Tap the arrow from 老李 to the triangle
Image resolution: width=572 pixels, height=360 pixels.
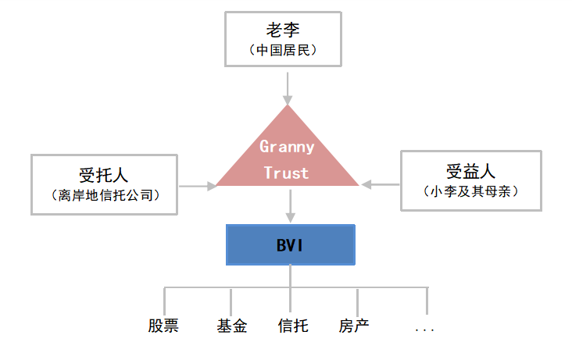point(288,88)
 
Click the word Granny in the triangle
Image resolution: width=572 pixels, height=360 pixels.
point(287,146)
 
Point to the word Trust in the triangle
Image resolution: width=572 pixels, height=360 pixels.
point(287,173)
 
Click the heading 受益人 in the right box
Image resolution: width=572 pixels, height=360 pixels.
point(470,171)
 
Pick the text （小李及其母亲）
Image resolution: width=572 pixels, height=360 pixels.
point(470,191)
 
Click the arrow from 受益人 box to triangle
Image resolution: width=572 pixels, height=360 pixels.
point(380,184)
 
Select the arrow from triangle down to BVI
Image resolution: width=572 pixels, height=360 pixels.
point(290,205)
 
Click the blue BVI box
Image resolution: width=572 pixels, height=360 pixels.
point(290,244)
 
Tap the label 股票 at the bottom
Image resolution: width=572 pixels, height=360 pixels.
point(163,326)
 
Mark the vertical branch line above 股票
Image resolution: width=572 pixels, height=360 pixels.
point(165,300)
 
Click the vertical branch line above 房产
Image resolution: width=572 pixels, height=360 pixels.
point(357,300)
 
